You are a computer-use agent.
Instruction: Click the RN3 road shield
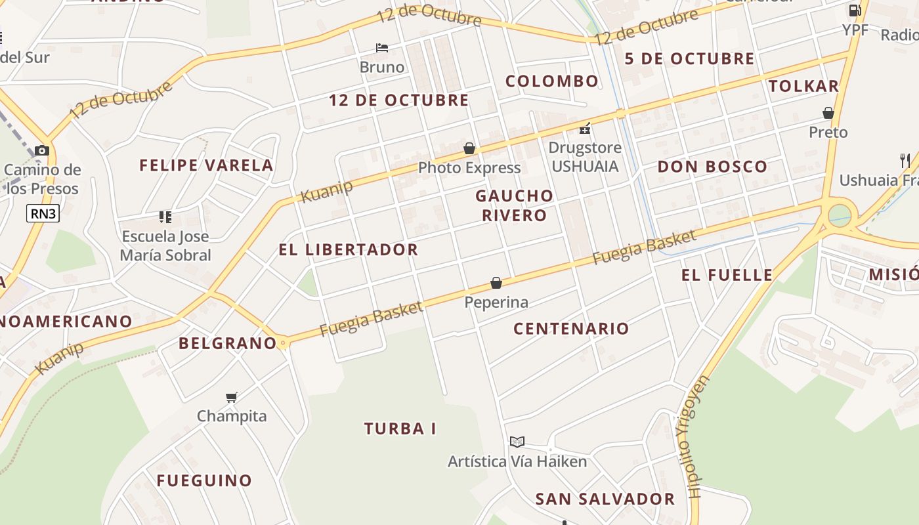[43, 213]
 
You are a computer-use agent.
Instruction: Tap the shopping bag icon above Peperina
[496, 283]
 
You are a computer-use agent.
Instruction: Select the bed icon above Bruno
[382, 47]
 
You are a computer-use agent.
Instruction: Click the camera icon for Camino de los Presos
[42, 150]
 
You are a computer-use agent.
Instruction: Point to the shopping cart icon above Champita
[231, 396]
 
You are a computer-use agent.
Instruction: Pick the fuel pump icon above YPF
[855, 10]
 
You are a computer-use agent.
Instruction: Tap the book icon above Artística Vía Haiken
[517, 442]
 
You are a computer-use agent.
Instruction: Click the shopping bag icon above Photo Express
[469, 148]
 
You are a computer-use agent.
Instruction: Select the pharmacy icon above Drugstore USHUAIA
[585, 129]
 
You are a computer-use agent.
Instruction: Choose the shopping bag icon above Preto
[828, 113]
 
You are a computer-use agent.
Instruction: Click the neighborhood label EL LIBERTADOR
[348, 249]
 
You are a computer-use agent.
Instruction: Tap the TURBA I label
[400, 429]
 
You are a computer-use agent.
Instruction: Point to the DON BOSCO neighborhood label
[712, 167]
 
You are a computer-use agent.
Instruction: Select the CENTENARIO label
[571, 329]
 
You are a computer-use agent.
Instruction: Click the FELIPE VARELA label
[206, 165]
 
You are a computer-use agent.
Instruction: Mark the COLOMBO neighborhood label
[551, 81]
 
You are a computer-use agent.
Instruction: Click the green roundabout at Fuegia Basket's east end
[839, 215]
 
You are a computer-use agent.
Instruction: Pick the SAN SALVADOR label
[605, 499]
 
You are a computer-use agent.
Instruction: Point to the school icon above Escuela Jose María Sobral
[165, 217]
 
